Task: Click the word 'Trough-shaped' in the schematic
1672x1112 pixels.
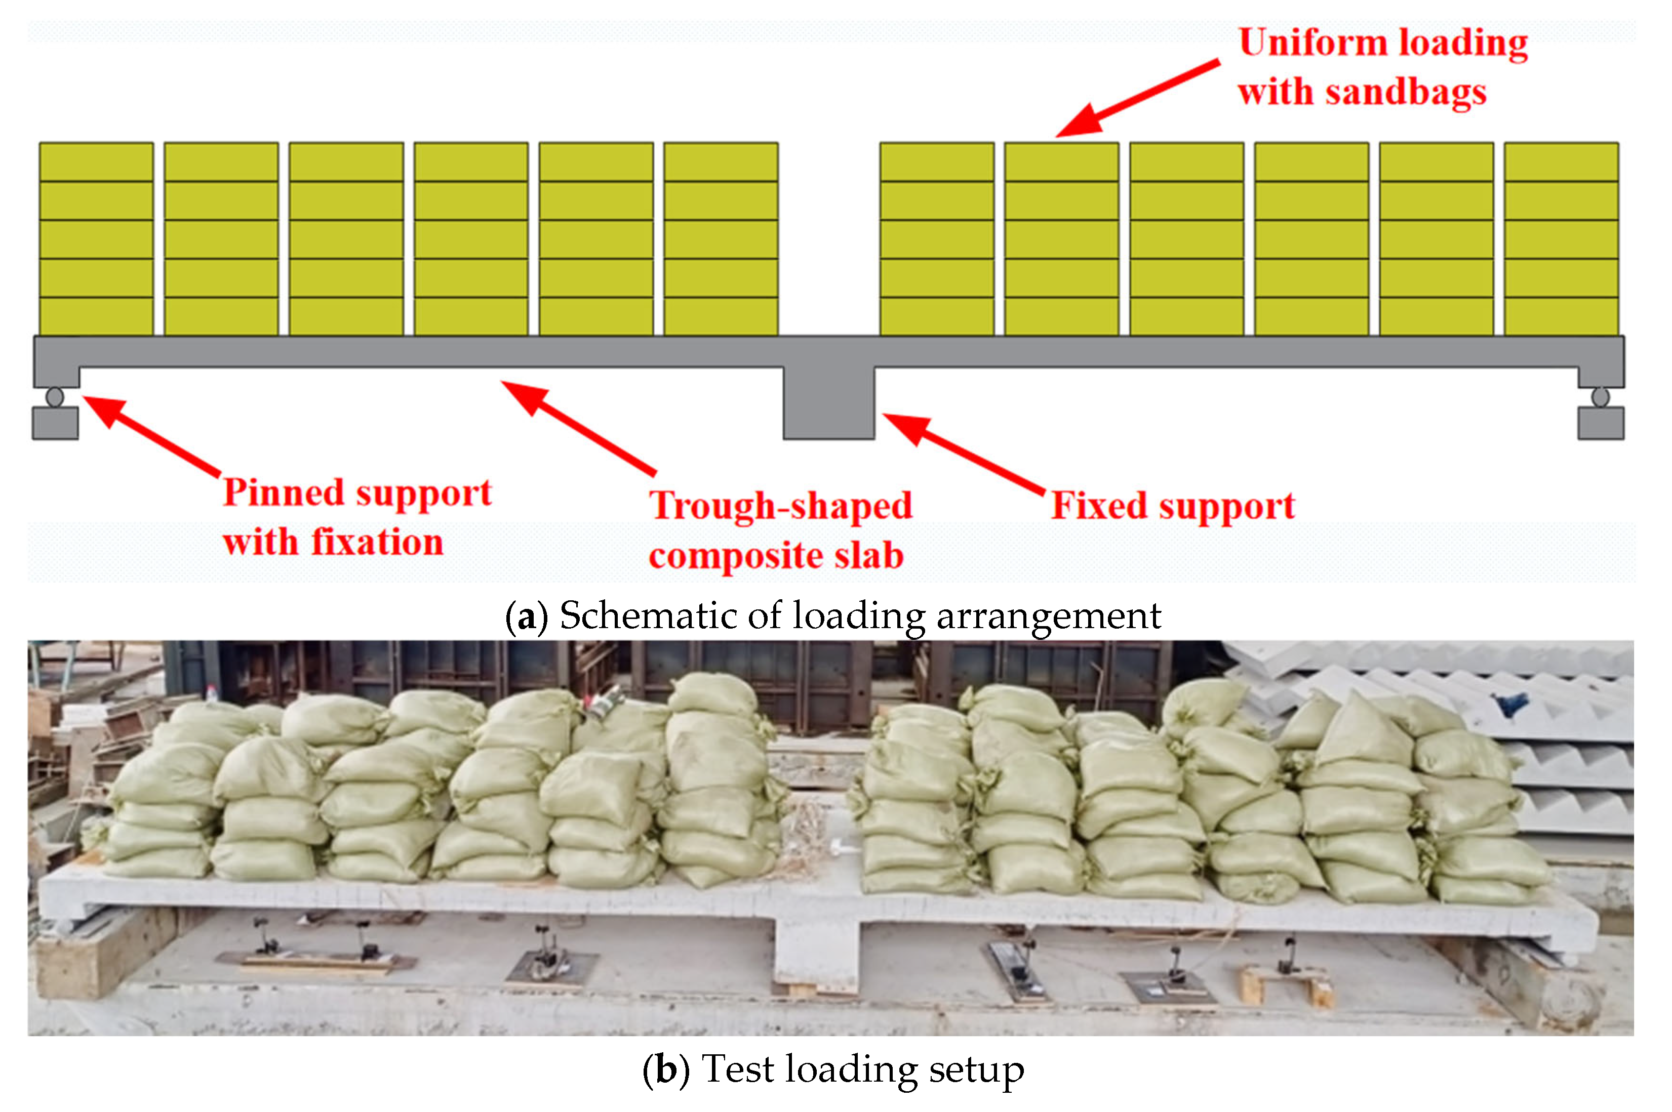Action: click(781, 506)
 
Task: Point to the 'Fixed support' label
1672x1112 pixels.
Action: click(1173, 506)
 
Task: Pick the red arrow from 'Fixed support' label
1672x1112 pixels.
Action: click(961, 452)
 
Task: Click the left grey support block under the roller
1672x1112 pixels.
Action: click(55, 423)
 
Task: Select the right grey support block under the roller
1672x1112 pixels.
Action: click(1601, 423)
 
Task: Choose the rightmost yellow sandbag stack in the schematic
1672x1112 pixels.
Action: click(1561, 239)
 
